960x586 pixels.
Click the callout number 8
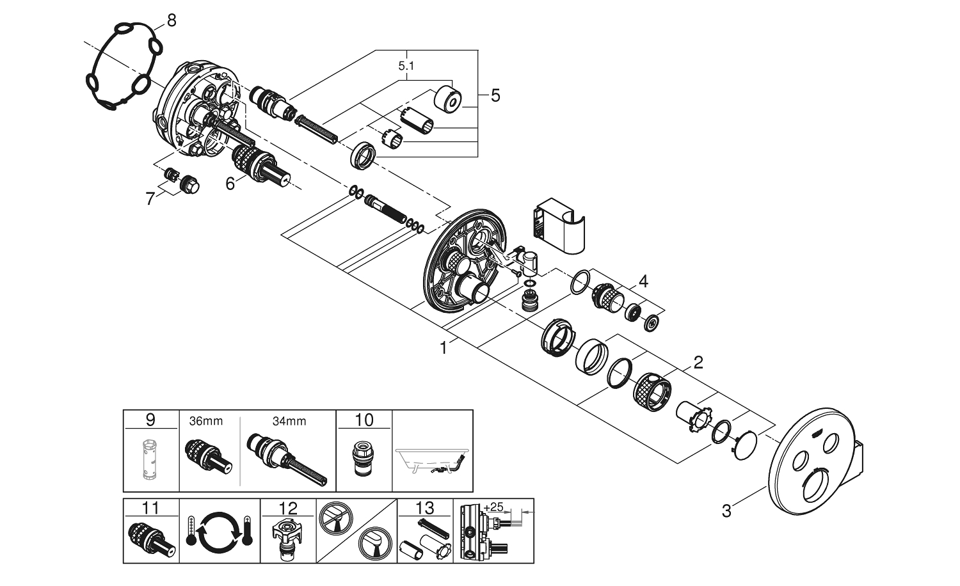(171, 20)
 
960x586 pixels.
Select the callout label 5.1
(406, 65)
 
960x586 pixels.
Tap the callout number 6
(230, 183)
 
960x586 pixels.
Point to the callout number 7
(150, 199)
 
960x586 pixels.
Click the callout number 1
(443, 347)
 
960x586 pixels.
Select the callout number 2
(698, 363)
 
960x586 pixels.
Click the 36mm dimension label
(206, 421)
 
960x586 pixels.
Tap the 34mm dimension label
(289, 421)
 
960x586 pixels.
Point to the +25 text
(493, 507)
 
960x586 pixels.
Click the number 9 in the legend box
(150, 420)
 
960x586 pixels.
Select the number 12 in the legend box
(289, 509)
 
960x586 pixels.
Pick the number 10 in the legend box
(364, 420)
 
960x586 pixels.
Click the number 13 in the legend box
(425, 509)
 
